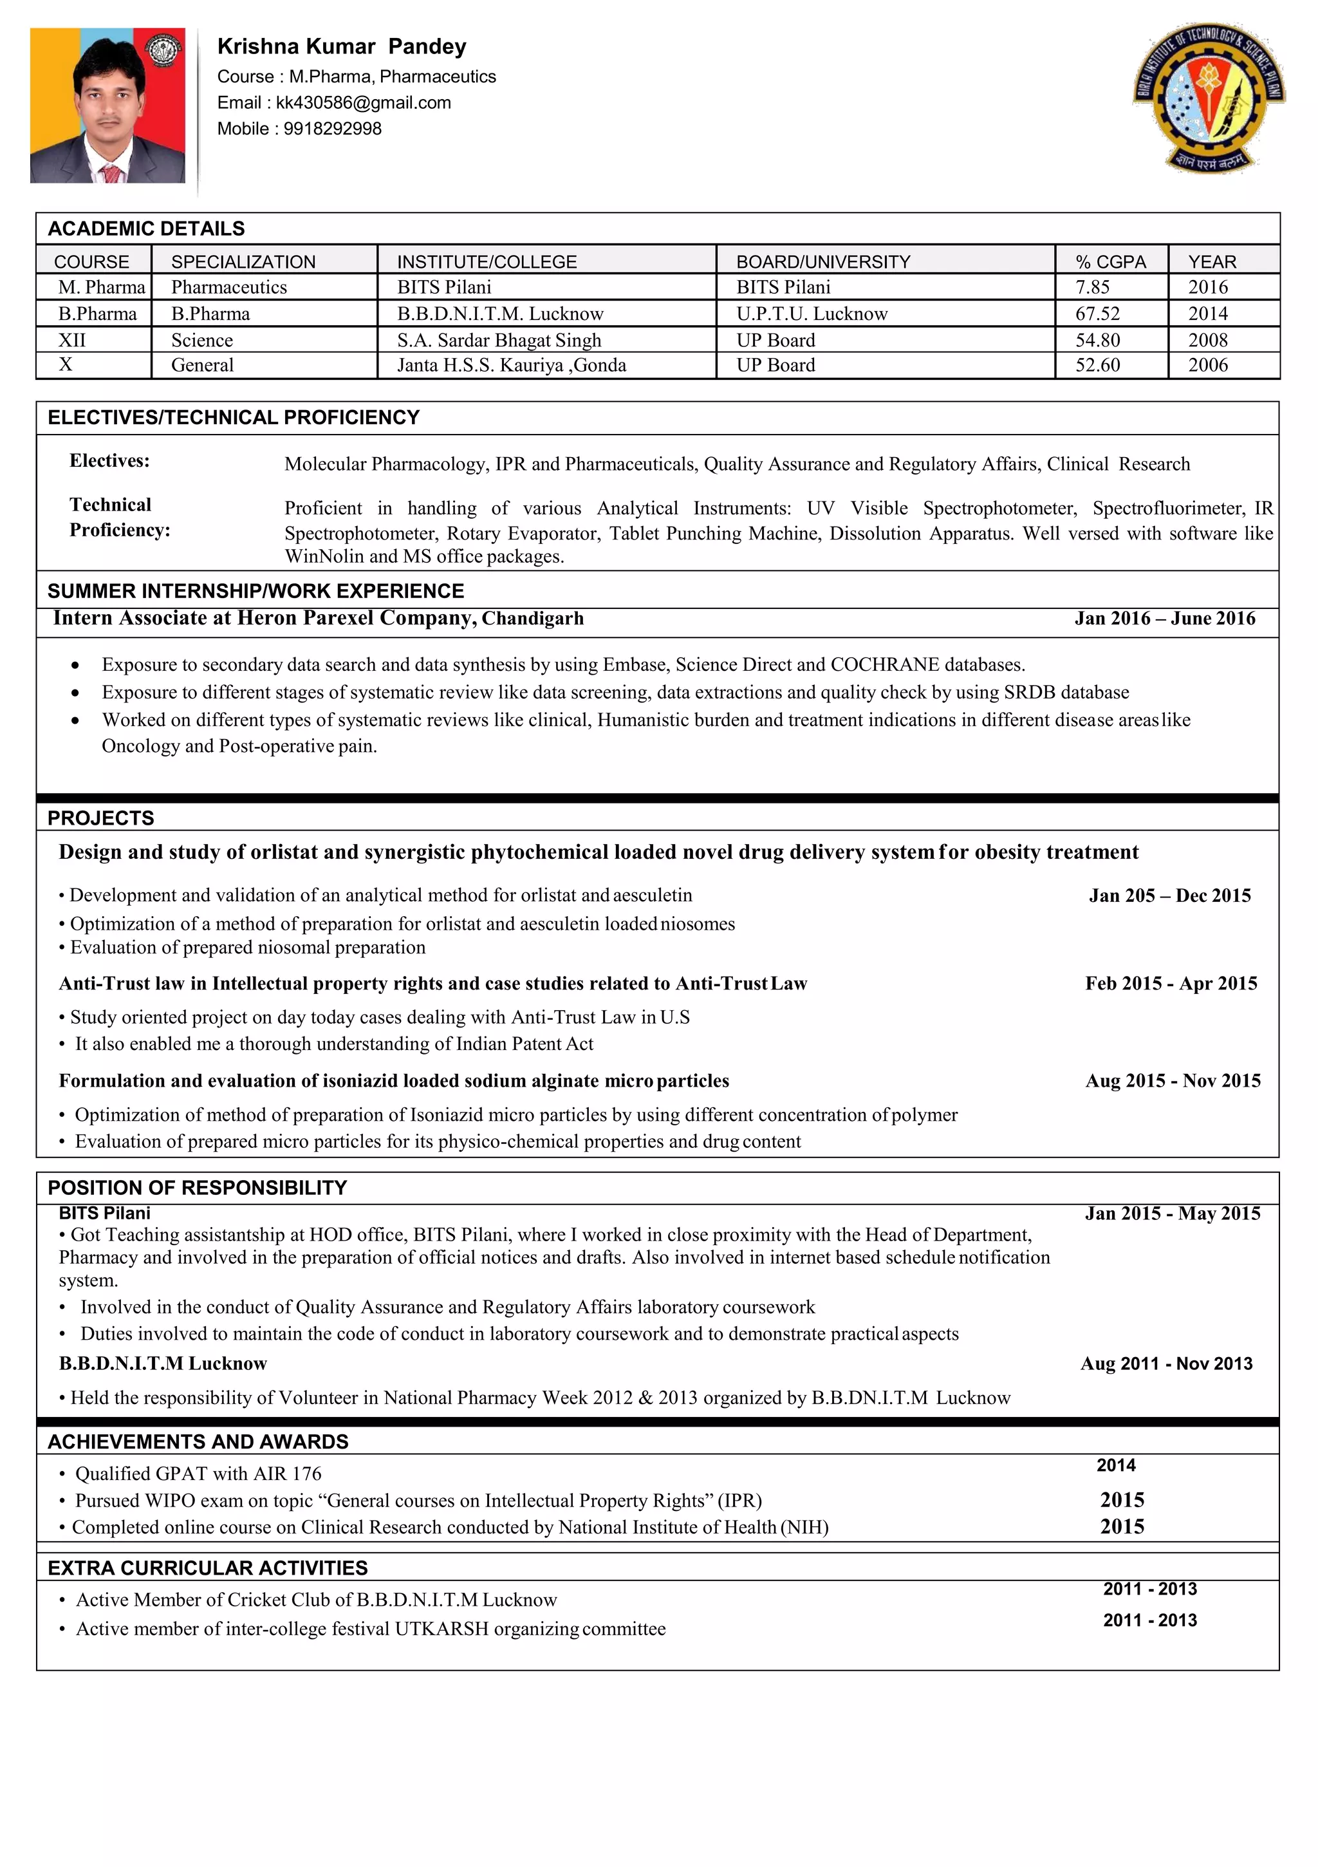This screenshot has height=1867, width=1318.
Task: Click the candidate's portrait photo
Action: pos(107,106)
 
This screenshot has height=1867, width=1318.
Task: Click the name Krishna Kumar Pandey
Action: pos(342,46)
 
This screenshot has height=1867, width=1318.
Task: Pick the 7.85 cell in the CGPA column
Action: pos(1092,287)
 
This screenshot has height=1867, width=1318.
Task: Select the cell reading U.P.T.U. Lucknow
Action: pos(812,314)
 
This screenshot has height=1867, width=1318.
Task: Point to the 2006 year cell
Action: pos(1207,365)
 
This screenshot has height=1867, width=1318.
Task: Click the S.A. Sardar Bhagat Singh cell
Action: pos(498,340)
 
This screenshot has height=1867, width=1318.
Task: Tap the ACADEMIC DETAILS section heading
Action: pos(146,229)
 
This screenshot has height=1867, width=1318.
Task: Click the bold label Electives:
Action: pos(110,461)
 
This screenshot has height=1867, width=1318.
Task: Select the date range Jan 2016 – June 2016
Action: pos(1164,618)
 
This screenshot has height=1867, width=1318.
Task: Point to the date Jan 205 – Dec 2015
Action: pos(1169,896)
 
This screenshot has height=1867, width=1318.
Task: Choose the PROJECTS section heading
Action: pos(101,818)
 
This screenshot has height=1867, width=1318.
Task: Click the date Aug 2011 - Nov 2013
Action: pos(1166,1364)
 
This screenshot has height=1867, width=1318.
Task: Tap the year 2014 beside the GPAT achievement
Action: pos(1115,1465)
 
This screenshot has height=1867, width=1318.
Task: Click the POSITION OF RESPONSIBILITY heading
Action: pos(197,1188)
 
